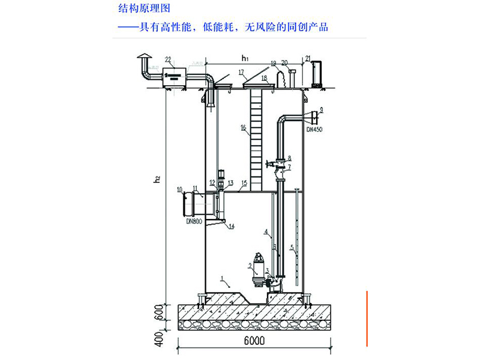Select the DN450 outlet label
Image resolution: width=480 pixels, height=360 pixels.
(314, 128)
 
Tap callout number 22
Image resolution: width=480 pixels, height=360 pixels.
(169, 59)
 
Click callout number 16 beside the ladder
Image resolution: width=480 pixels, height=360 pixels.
(243, 128)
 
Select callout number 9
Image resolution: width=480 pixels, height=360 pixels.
(322, 109)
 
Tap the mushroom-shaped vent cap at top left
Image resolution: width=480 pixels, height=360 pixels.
(143, 56)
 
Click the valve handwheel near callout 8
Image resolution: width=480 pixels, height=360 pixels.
(269, 164)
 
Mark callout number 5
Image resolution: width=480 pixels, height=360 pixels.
(292, 247)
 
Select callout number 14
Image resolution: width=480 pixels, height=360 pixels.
(232, 226)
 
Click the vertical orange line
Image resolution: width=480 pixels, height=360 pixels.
(367, 318)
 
